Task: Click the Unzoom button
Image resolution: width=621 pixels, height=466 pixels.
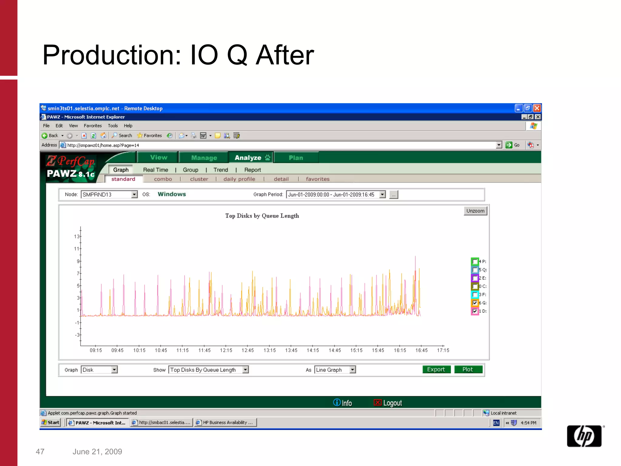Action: point(475,211)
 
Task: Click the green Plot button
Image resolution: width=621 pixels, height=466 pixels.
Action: point(468,369)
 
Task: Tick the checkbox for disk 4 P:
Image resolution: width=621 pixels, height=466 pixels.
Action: point(475,262)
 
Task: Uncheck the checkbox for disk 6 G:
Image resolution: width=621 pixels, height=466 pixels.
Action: point(475,303)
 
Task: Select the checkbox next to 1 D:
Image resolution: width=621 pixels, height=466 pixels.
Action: point(475,311)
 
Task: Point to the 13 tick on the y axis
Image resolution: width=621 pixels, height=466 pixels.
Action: point(77,236)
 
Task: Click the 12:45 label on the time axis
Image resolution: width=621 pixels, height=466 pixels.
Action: point(247,350)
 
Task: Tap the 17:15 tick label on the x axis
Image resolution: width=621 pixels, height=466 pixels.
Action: point(443,350)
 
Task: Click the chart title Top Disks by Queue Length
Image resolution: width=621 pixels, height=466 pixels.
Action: point(262,216)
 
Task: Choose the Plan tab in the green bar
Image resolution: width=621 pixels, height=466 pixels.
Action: point(296,157)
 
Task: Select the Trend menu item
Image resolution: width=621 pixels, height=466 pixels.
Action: point(220,170)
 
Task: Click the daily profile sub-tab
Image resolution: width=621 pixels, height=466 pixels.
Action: point(239,179)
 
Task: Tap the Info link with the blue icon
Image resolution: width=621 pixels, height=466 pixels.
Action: point(343,403)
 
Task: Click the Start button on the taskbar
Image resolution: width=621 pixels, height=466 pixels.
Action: point(51,422)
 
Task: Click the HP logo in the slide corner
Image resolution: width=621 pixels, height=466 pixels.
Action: point(584,436)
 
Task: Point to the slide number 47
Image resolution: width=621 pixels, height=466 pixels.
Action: point(40,451)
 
